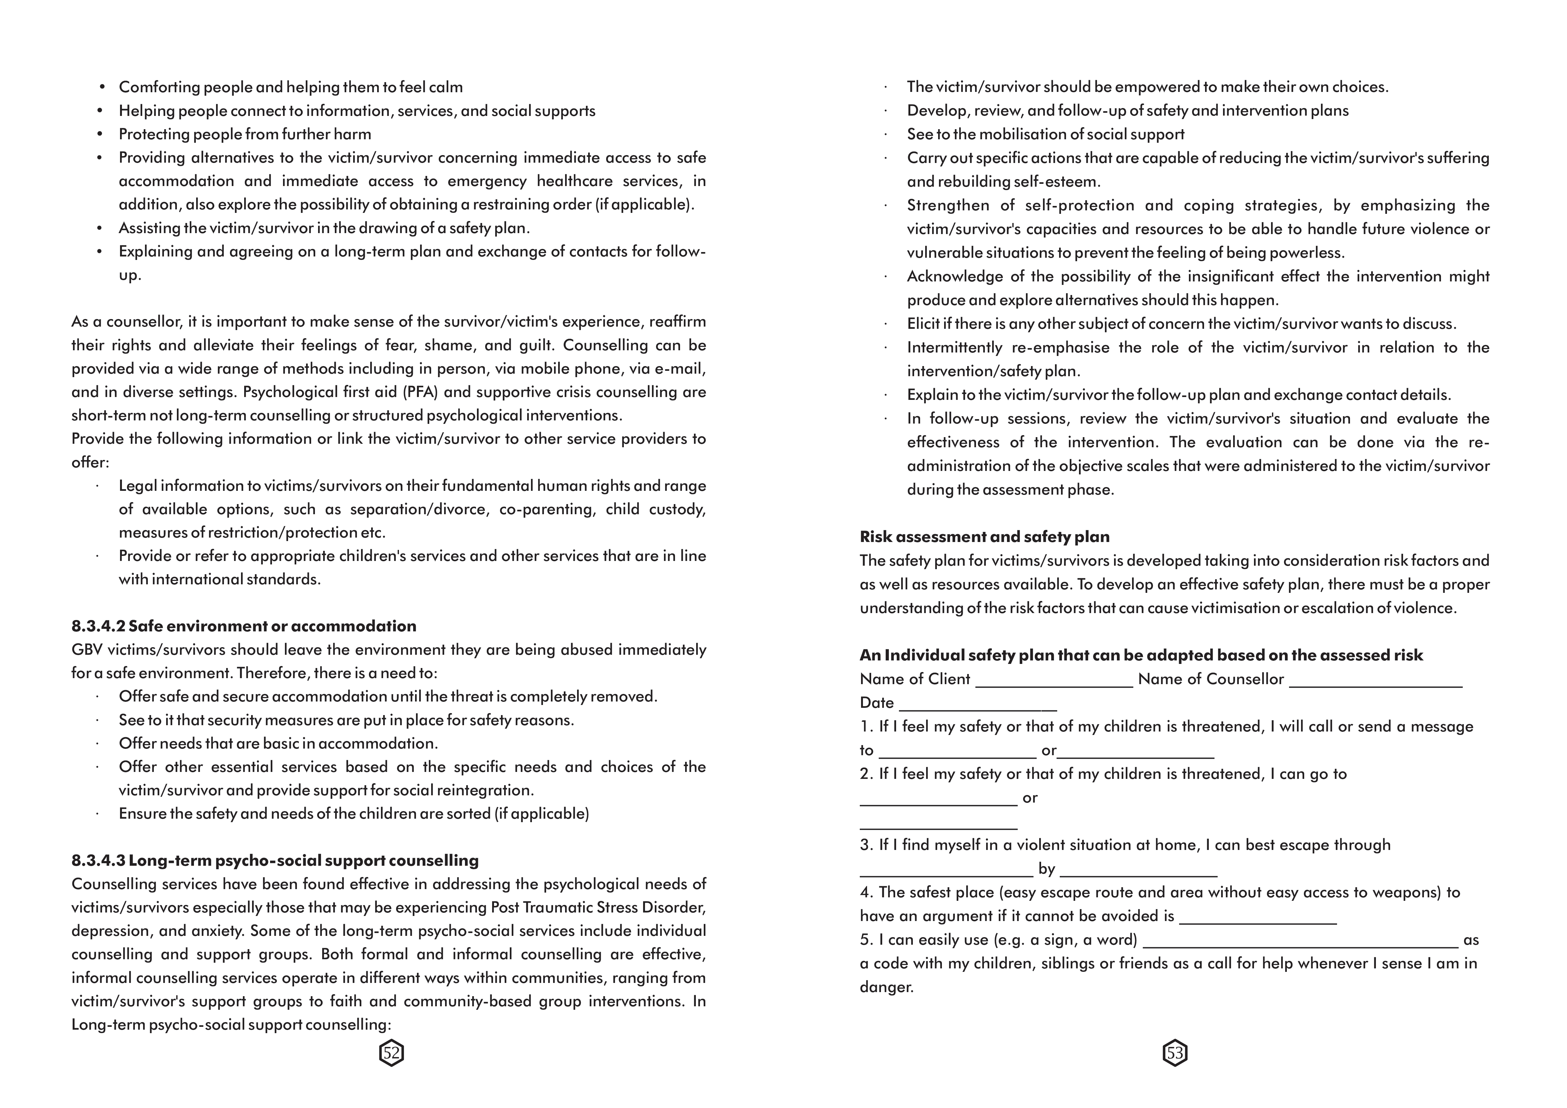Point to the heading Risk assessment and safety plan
click(984, 537)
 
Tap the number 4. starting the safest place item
click(866, 892)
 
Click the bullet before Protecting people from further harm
click(100, 135)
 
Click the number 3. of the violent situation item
click(866, 845)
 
